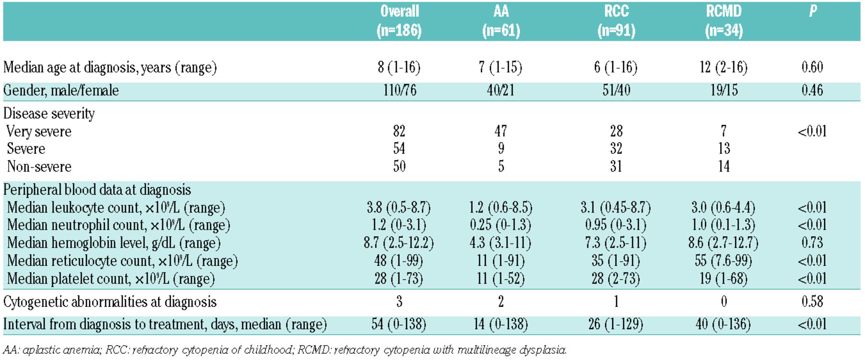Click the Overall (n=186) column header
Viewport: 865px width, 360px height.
point(399,21)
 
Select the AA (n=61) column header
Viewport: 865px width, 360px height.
point(501,21)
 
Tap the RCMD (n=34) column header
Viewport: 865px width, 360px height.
point(724,21)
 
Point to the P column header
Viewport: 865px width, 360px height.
point(813,11)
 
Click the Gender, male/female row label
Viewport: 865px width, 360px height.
point(61,90)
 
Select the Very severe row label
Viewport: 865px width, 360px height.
point(39,131)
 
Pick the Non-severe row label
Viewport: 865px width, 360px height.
point(39,166)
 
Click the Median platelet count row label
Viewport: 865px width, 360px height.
point(111,279)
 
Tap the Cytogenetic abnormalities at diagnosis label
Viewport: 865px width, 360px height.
point(110,302)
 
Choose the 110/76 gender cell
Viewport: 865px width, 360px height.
point(400,90)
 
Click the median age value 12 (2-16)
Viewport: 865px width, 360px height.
point(724,67)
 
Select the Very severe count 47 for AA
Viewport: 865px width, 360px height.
point(501,131)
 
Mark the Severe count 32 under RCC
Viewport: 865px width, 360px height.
point(616,149)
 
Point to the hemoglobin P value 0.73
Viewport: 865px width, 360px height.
point(812,243)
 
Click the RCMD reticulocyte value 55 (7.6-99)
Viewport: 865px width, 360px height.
point(724,261)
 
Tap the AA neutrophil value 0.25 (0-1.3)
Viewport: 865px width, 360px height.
point(501,225)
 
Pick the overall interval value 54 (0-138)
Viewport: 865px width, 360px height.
point(399,324)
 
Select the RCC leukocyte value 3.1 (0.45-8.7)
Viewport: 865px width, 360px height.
point(616,208)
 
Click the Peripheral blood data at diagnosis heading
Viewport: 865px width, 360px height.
point(97,190)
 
